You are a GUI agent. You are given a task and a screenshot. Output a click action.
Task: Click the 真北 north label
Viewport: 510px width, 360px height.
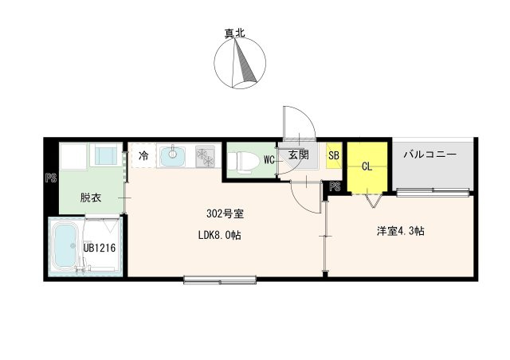234,33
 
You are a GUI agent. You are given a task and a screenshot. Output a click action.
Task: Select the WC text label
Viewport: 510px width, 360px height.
269,159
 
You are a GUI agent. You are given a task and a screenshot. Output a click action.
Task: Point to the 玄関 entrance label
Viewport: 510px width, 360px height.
298,155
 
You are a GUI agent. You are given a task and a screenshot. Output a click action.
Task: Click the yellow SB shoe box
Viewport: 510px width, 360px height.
334,155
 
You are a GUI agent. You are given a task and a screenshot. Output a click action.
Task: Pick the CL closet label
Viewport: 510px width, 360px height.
367,166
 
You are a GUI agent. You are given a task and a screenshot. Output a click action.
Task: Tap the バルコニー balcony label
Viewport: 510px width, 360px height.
430,155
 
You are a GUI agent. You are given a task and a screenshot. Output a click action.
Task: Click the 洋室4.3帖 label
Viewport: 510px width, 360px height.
400,231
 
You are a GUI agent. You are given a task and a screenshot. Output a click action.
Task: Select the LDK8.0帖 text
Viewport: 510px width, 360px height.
220,235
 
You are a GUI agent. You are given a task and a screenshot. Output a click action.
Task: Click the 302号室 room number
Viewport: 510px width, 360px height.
225,213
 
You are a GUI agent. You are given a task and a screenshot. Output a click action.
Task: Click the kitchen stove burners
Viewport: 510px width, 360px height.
206,156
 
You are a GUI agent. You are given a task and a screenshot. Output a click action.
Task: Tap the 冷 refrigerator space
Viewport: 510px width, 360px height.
143,155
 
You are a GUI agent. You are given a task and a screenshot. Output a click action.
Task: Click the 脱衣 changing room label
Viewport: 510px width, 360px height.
91,198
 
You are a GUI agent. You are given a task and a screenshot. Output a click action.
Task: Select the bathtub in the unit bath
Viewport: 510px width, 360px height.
65,245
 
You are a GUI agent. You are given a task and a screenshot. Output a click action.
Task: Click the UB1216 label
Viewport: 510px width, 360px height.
100,248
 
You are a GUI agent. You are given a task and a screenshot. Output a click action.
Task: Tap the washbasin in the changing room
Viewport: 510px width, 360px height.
106,155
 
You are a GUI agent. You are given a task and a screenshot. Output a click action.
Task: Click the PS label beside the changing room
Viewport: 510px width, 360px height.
51,178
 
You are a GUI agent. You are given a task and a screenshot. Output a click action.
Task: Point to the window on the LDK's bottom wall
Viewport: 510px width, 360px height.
220,280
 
